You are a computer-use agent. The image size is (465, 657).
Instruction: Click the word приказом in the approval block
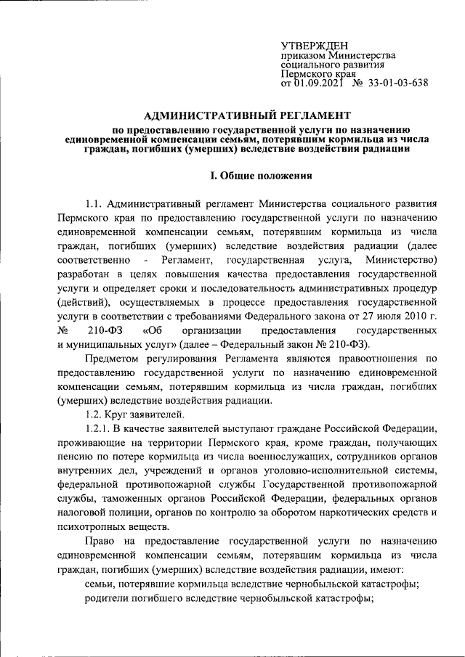click(x=303, y=55)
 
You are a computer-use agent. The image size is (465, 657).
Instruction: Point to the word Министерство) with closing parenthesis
click(x=401, y=259)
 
